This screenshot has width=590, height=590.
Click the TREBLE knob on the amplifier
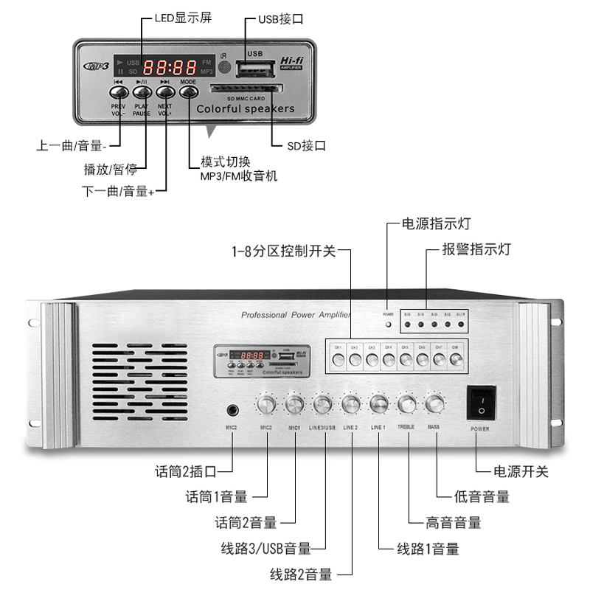(x=406, y=404)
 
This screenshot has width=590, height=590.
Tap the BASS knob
(x=434, y=404)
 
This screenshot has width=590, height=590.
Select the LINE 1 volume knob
(x=378, y=404)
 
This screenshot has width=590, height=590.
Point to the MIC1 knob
(x=294, y=404)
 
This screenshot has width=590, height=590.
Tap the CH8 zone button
(x=456, y=360)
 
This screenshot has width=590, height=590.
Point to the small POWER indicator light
(x=389, y=324)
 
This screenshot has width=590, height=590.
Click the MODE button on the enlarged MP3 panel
(x=189, y=92)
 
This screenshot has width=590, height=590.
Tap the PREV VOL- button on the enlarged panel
(x=119, y=92)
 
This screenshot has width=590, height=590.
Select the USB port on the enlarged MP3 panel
(x=256, y=69)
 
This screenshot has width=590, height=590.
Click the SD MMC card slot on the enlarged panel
(x=246, y=88)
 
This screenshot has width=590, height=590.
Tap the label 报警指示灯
(x=476, y=249)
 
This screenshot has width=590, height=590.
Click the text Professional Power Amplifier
(x=296, y=315)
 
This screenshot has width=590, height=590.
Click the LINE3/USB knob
(x=323, y=404)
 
